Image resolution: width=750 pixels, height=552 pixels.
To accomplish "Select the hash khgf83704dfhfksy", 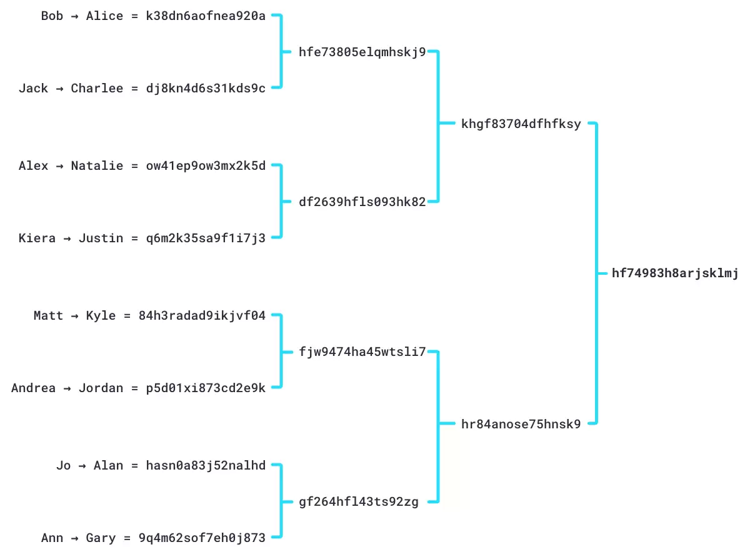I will point(521,124).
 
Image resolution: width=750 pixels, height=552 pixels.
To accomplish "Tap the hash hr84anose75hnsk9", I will point(521,424).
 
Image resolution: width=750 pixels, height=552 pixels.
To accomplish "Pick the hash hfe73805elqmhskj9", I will point(362,52).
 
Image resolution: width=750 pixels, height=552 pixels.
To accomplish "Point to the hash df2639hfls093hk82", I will point(362,202).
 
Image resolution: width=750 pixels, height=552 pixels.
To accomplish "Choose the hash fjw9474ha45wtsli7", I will point(362,352).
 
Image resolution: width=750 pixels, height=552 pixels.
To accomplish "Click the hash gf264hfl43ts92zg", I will point(359,501).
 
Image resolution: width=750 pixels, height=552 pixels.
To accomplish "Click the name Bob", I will point(52,16).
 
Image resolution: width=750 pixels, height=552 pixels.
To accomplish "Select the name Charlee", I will point(97,88).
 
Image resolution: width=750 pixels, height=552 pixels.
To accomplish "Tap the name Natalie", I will point(97,166).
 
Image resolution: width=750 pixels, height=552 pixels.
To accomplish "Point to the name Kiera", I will point(37,238).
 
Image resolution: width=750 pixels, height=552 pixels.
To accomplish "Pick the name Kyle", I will point(101,316).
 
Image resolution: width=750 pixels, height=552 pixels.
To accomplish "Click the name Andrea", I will point(33,388).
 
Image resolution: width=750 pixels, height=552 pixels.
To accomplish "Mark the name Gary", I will point(101,538).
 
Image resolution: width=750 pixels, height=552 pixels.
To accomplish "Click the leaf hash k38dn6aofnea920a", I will point(206,16).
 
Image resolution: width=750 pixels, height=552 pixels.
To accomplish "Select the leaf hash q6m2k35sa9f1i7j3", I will point(206,238).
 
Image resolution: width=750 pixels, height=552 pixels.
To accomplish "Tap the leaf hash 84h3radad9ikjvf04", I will point(202,316).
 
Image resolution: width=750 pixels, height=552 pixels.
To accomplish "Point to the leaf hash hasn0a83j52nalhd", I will point(206,466).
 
